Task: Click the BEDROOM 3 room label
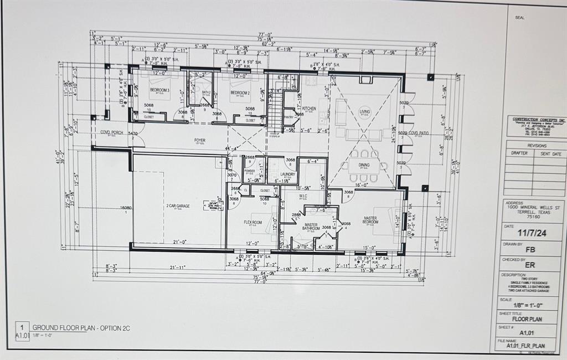pyautogui.click(x=159, y=90)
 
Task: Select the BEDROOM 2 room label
pyautogui.click(x=241, y=92)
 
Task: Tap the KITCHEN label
pyautogui.click(x=309, y=109)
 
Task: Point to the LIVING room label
pyautogui.click(x=365, y=111)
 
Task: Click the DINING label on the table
pyautogui.click(x=364, y=164)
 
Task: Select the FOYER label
pyautogui.click(x=200, y=141)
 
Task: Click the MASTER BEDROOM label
pyautogui.click(x=370, y=220)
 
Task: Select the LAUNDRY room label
pyautogui.click(x=287, y=174)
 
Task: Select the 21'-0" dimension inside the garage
pyautogui.click(x=179, y=242)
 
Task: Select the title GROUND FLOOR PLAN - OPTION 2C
pyautogui.click(x=81, y=328)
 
